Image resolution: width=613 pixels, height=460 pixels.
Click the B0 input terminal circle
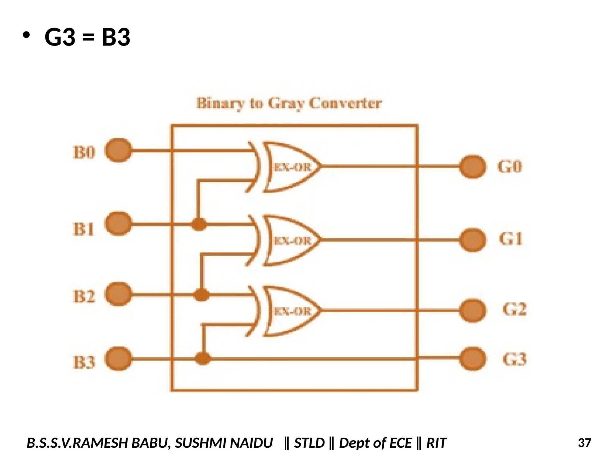119,150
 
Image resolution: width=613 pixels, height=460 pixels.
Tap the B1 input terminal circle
119,224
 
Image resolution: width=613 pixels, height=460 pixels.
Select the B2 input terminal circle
119,294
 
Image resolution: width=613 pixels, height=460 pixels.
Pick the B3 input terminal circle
119,359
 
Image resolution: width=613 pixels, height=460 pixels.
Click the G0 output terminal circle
472,167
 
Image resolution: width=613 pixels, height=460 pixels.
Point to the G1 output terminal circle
472,240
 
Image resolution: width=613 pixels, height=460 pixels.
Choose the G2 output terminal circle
472,311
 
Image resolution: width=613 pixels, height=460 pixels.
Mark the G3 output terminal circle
472,358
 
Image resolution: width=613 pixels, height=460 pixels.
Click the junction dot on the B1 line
199,224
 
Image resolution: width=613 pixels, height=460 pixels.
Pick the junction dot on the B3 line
203,358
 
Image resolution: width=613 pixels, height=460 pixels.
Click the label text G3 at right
514,359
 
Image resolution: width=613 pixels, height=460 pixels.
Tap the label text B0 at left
84,152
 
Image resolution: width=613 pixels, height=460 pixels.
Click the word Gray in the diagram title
286,104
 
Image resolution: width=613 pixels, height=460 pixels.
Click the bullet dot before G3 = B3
26,35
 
